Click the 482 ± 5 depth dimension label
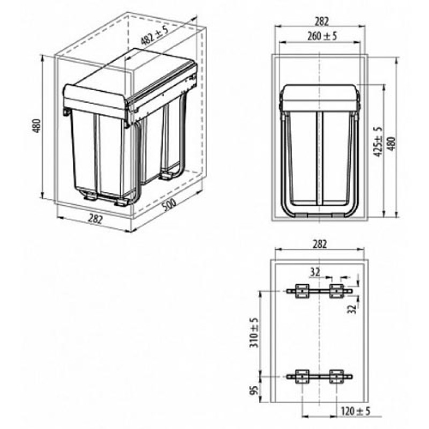pos(154,35)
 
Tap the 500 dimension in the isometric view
pos(169,204)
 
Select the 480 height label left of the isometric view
pos(36,126)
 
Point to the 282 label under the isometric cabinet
pos(95,219)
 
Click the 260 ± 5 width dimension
pos(322,36)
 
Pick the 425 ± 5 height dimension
pos(378,142)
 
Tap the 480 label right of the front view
pos(391,144)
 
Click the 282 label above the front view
pos(321,21)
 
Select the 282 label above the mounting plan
pos(320,244)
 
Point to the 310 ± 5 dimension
pos(254,332)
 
